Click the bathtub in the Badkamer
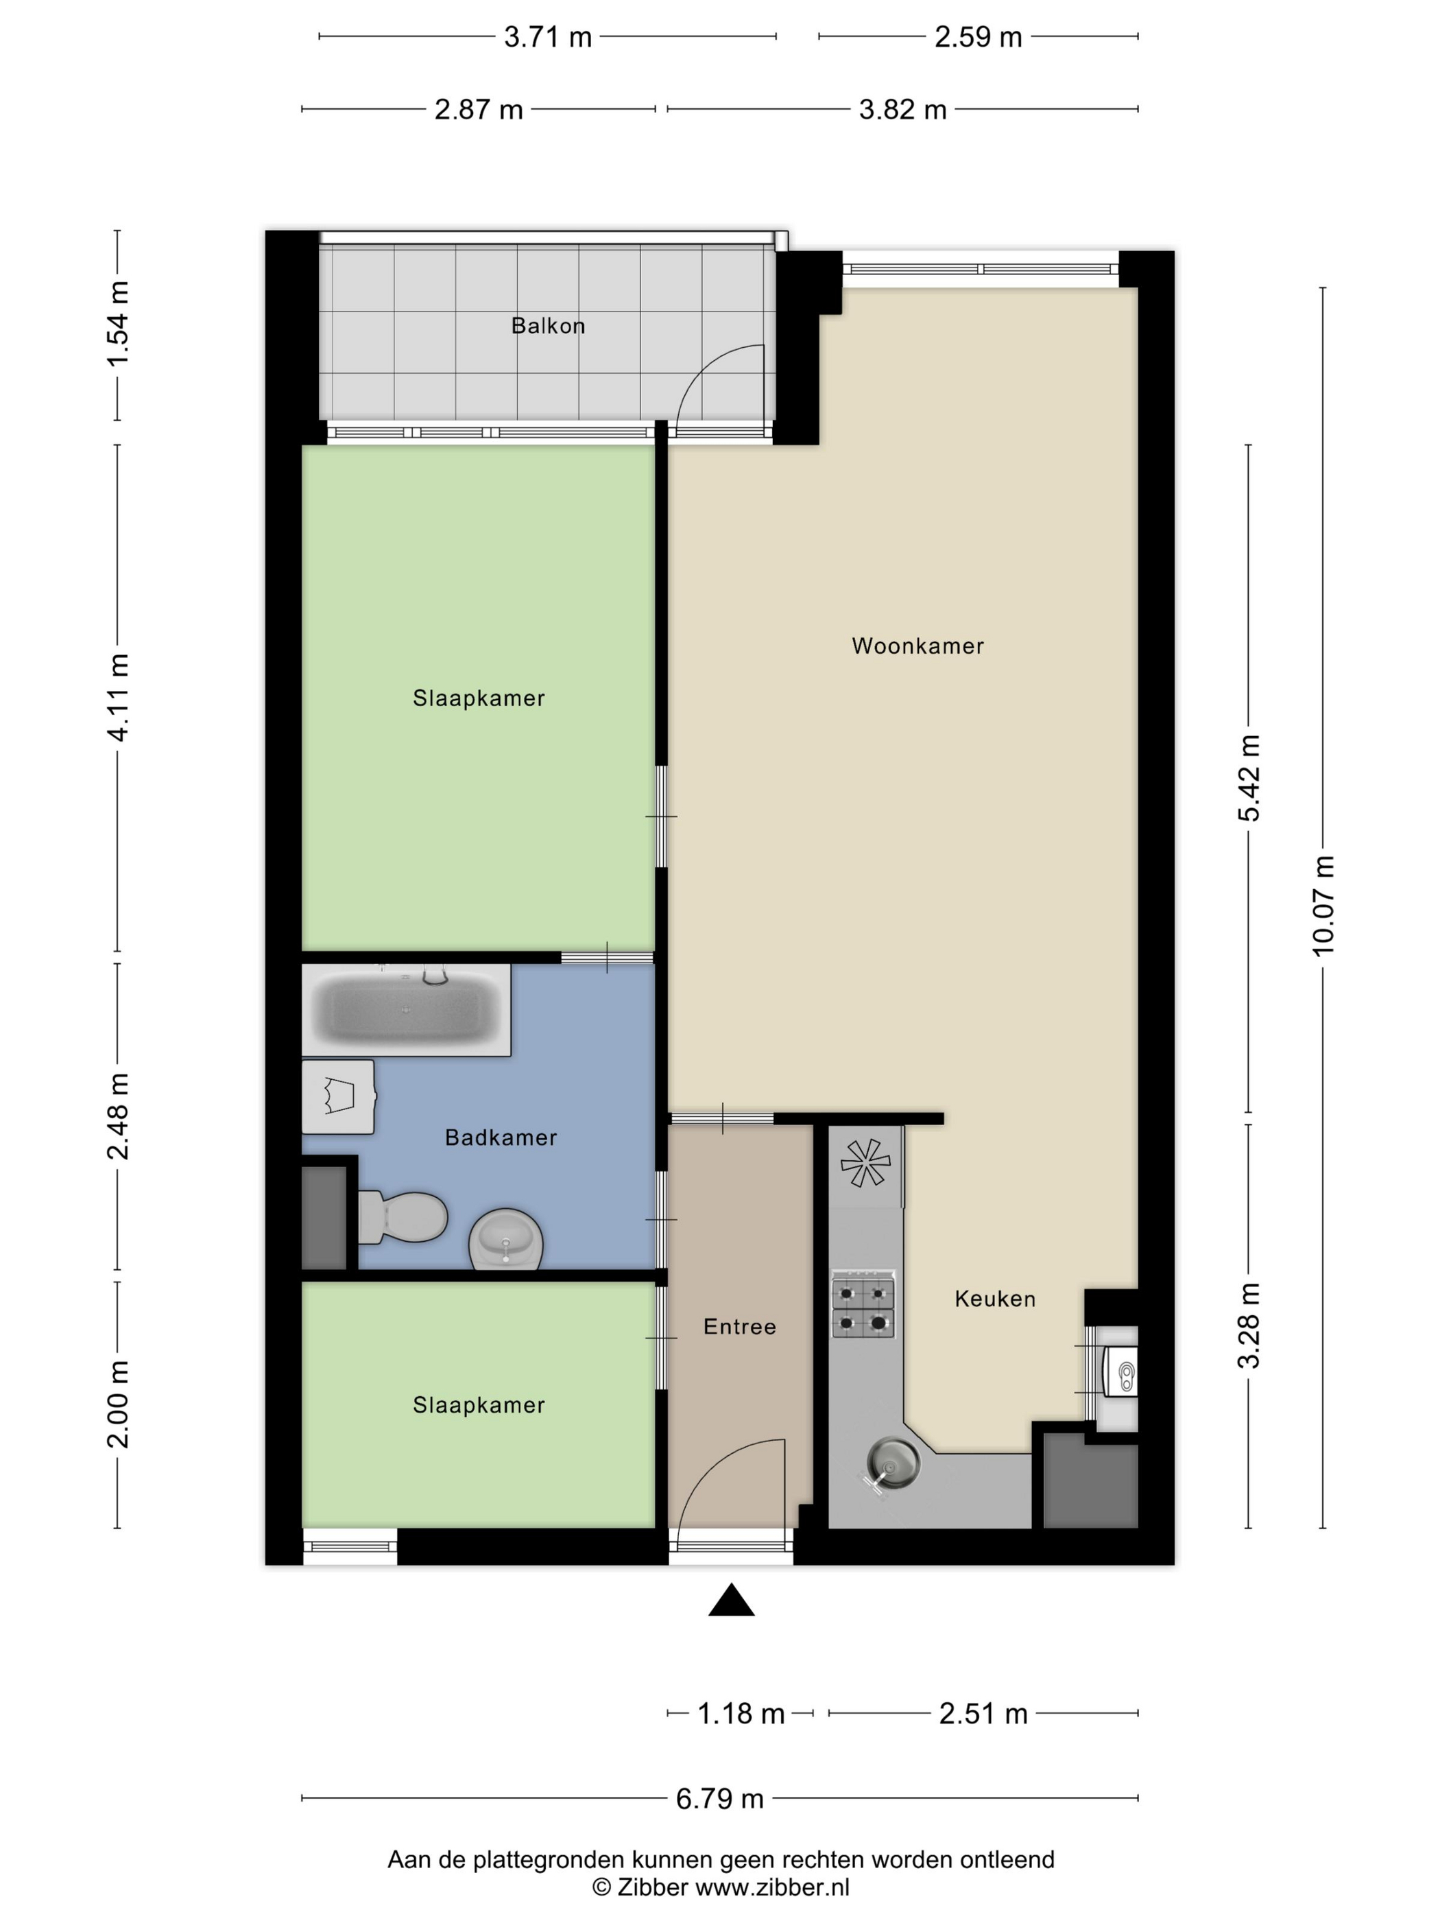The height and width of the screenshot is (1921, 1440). point(405,1009)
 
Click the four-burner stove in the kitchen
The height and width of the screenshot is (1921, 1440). point(863,1306)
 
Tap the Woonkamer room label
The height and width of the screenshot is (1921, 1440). point(917,646)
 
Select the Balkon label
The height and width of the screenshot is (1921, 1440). point(548,326)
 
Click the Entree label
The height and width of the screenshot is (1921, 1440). point(739,1326)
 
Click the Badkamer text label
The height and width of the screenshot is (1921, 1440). point(501,1137)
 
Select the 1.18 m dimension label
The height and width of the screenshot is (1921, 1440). point(741,1713)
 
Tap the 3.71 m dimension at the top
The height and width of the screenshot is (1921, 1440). point(548,37)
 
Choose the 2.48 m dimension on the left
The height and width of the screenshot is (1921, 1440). point(118,1116)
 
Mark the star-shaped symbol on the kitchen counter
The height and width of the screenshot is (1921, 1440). point(865,1163)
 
